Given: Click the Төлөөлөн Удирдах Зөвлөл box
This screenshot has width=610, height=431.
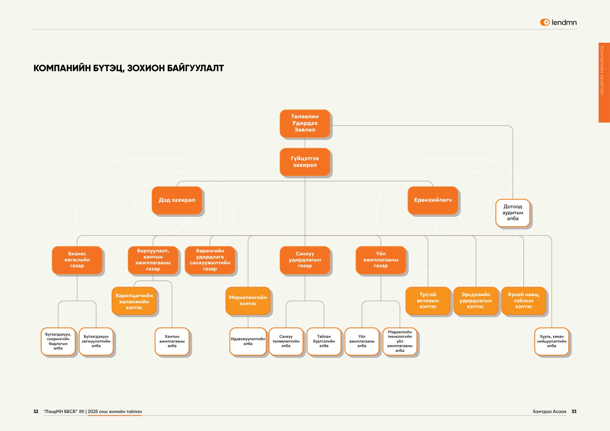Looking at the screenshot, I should [305, 123].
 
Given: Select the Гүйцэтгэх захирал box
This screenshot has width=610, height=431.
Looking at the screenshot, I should [305, 162].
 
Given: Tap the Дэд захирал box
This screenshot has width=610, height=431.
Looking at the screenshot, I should [177, 200].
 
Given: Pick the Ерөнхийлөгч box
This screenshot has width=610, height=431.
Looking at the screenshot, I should [433, 200].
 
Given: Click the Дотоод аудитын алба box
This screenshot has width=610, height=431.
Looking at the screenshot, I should [512, 213].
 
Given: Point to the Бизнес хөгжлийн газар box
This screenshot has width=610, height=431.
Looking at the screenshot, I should [77, 260].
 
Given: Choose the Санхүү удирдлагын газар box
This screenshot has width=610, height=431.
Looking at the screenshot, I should [305, 260].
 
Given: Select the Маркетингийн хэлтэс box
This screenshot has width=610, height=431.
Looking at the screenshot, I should [248, 301].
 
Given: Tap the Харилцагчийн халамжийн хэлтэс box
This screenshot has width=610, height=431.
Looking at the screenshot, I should [134, 301].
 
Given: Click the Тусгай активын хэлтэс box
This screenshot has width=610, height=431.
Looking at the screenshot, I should [428, 301].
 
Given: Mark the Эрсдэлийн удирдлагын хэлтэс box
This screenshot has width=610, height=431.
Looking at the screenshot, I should [475, 301].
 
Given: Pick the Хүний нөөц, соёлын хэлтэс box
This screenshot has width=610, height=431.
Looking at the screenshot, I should [523, 301].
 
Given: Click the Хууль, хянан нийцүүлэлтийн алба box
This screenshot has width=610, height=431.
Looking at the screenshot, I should [551, 341].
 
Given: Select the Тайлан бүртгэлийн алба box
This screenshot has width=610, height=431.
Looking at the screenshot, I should [324, 341].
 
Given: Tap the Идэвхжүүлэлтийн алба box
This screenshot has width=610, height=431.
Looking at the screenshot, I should [248, 341].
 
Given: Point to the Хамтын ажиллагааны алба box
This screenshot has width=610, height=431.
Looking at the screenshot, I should [172, 341].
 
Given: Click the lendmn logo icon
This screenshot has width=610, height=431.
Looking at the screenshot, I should [545, 22].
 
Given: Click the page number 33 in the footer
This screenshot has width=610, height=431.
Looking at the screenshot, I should [574, 412].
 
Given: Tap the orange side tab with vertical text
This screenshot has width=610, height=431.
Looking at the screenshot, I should [604, 82].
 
